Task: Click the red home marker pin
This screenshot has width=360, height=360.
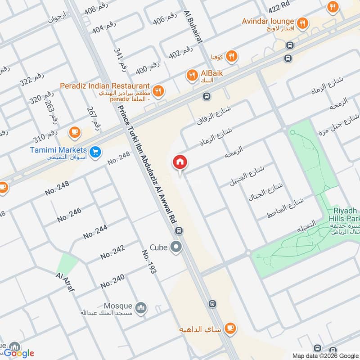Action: coord(180,162)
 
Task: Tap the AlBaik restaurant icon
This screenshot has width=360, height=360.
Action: coord(193,76)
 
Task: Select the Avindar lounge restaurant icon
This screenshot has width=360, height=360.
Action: coord(303,22)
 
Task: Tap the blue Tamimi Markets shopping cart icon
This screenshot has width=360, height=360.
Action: coord(95,152)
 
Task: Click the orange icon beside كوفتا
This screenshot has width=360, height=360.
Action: coord(232,56)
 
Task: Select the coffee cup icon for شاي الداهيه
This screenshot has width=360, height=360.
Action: coord(230,329)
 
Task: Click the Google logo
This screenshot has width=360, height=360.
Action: coord(19,353)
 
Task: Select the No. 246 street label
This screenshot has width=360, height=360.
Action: coord(69,215)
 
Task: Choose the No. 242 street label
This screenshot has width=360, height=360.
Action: coord(112,252)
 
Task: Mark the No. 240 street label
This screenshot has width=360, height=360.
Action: coord(112,282)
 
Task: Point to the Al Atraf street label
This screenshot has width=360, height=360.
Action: coord(65,282)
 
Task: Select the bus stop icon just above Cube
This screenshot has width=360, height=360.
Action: coord(180,231)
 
